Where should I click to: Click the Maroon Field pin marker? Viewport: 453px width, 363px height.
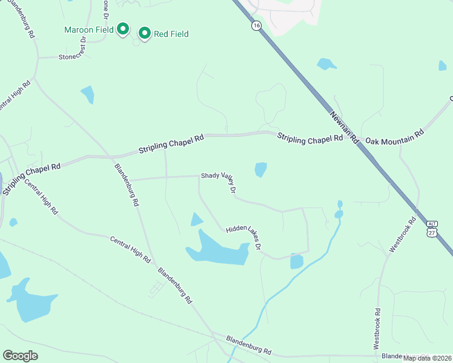[x=123, y=29]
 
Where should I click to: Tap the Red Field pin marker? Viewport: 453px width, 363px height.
[x=144, y=33]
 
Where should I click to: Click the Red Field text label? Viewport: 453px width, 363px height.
[x=171, y=34]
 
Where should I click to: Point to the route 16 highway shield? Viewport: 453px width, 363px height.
[x=257, y=25]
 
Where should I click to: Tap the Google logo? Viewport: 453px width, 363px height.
[x=20, y=356]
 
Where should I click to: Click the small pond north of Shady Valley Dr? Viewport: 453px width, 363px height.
[x=261, y=169]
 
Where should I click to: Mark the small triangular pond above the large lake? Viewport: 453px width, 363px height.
[x=196, y=220]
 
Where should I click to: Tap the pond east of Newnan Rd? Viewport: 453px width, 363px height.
[x=326, y=64]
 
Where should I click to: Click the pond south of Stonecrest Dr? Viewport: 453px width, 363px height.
[x=88, y=94]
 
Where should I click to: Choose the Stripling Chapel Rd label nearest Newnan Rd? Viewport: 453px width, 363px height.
[x=310, y=139]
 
